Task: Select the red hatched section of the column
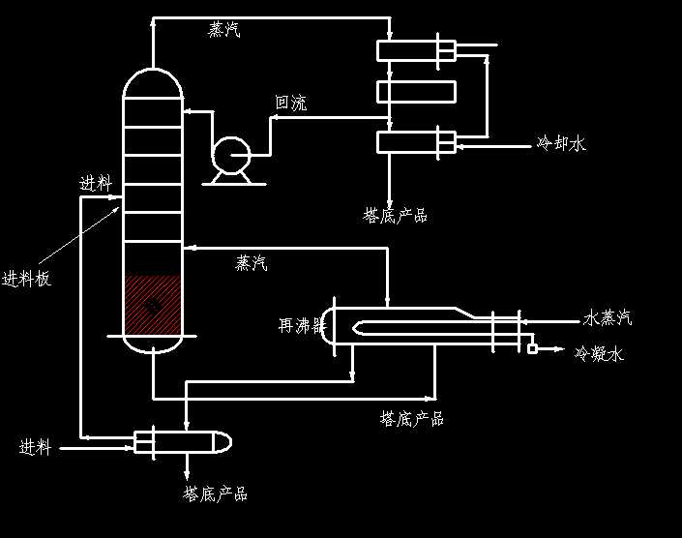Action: click(x=153, y=304)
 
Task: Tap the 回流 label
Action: click(x=291, y=104)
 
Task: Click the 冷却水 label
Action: click(x=561, y=144)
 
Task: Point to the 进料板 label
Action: click(x=26, y=280)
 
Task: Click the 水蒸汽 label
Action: click(x=608, y=318)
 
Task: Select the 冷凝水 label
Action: click(x=600, y=354)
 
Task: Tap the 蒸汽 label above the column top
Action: click(x=224, y=30)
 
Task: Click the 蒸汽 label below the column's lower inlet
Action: click(x=252, y=263)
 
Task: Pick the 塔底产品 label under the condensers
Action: click(x=395, y=215)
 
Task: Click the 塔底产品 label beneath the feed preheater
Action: click(x=215, y=493)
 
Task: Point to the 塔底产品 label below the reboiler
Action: click(x=412, y=419)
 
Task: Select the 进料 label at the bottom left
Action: click(x=35, y=447)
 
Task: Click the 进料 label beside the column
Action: click(x=96, y=184)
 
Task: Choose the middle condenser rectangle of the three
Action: click(x=416, y=92)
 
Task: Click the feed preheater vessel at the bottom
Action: click(x=182, y=442)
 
